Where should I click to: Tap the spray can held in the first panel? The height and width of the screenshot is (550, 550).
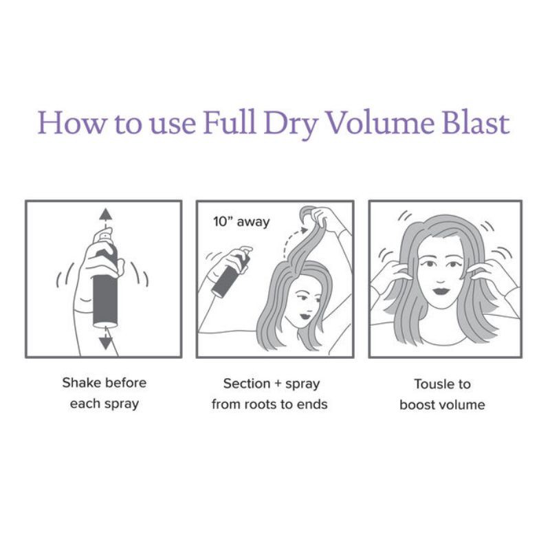(105, 289)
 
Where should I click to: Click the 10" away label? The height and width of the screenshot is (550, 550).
(241, 222)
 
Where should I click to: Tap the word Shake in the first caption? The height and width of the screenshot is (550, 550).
(81, 383)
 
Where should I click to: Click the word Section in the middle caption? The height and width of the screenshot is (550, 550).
(246, 384)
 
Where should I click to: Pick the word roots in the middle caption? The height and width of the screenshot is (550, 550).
(259, 404)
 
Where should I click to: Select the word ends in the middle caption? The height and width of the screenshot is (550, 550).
(311, 404)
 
